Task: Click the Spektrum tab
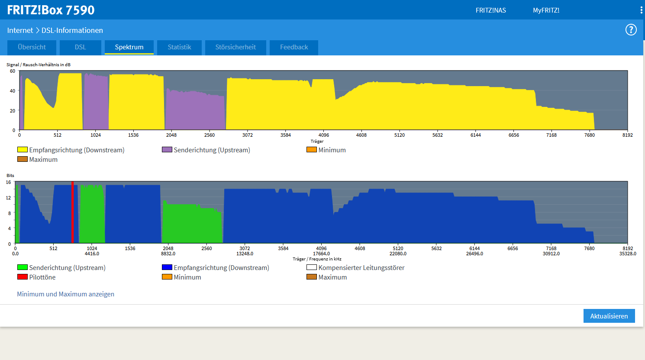pos(129,47)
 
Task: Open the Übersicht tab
pos(32,47)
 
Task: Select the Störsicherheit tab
pos(235,47)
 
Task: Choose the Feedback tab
pos(294,47)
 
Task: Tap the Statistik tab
pos(179,47)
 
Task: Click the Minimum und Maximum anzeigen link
pos(66,294)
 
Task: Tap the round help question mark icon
pos(631,30)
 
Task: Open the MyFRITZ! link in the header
pos(546,10)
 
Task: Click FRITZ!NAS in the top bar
pos(490,10)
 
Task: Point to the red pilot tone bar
pos(73,212)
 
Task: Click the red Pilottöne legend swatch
pos(23,277)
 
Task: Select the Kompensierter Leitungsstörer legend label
pos(361,268)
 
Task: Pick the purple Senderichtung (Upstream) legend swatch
pos(167,150)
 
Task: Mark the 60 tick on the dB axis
pos(13,71)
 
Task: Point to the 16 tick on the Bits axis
pos(8,182)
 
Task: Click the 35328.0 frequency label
pos(628,254)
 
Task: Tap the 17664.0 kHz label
pos(321,254)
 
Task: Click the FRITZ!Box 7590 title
pos(51,10)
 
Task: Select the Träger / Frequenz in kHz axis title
pos(317,259)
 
